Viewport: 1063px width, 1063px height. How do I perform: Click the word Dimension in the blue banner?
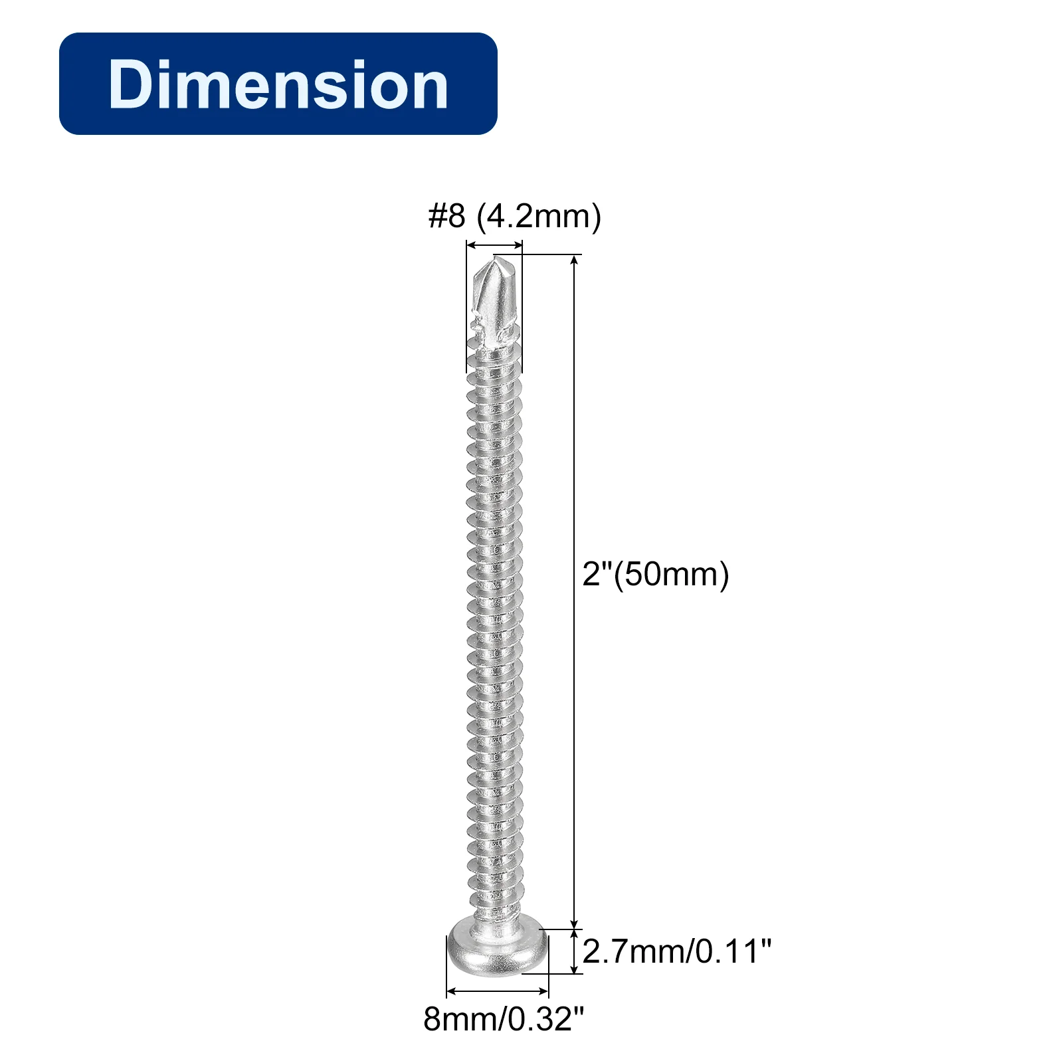[278, 84]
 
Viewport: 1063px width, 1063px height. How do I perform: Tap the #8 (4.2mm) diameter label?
[515, 217]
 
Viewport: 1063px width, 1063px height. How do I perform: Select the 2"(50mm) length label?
[656, 574]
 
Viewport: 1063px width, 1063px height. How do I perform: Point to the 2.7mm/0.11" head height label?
[677, 951]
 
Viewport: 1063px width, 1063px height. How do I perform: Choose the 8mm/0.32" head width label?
[504, 1018]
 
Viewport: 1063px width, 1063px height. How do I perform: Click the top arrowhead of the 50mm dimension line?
[575, 260]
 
